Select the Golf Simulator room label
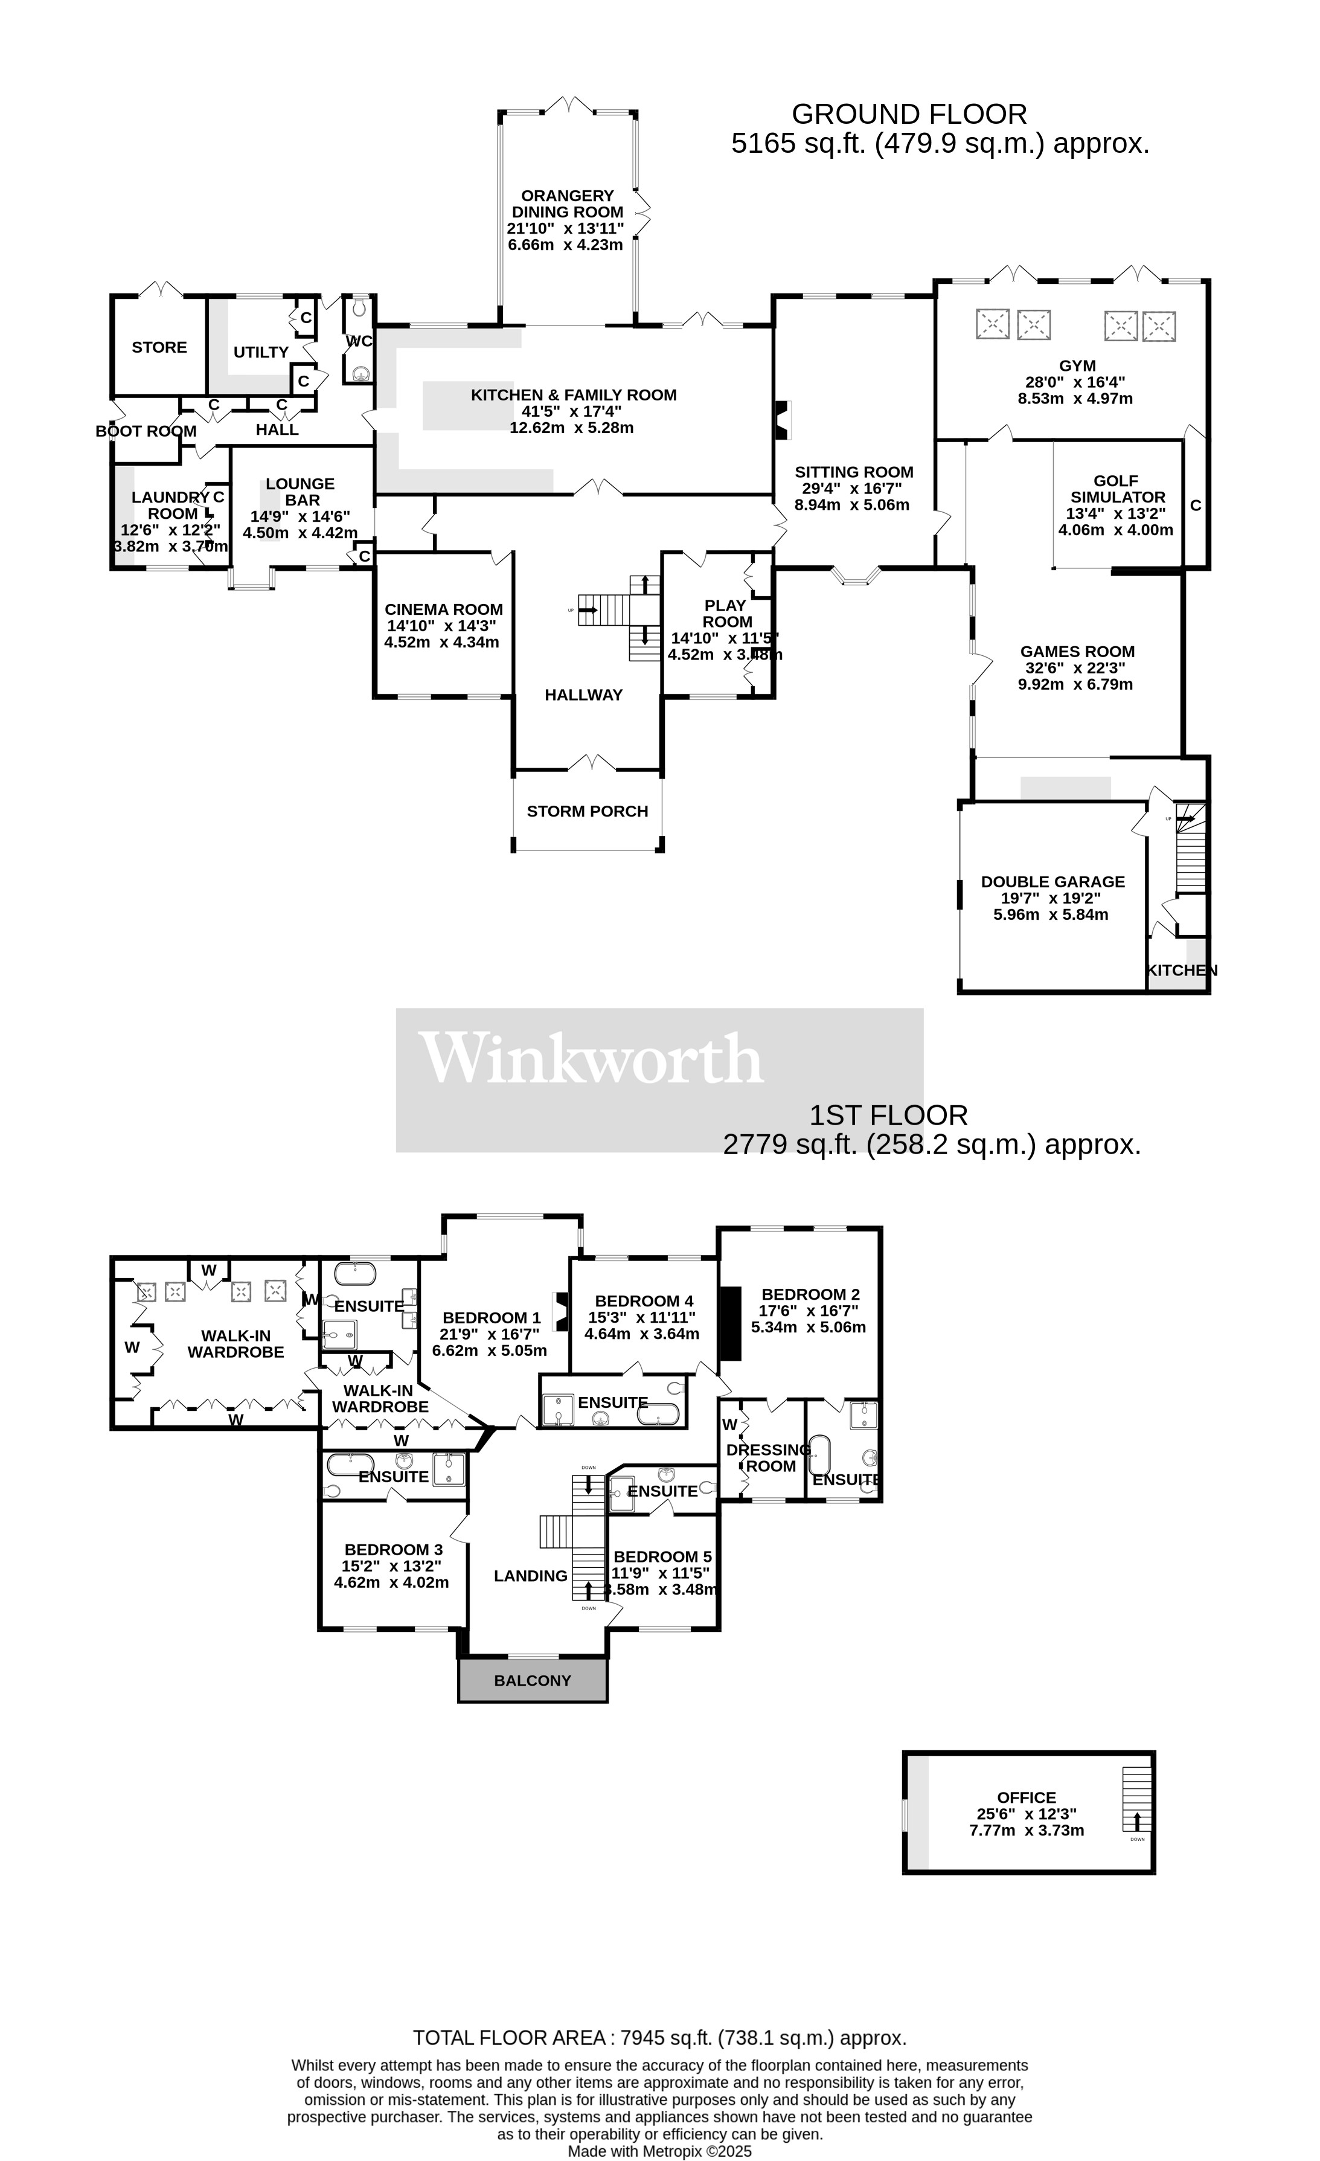[x=1116, y=489]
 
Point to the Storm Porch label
[x=587, y=811]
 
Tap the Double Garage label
[x=1052, y=881]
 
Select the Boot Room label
[x=146, y=431]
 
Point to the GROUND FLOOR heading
[x=909, y=114]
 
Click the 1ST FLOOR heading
[x=888, y=1116]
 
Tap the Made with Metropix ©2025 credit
[x=659, y=2151]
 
